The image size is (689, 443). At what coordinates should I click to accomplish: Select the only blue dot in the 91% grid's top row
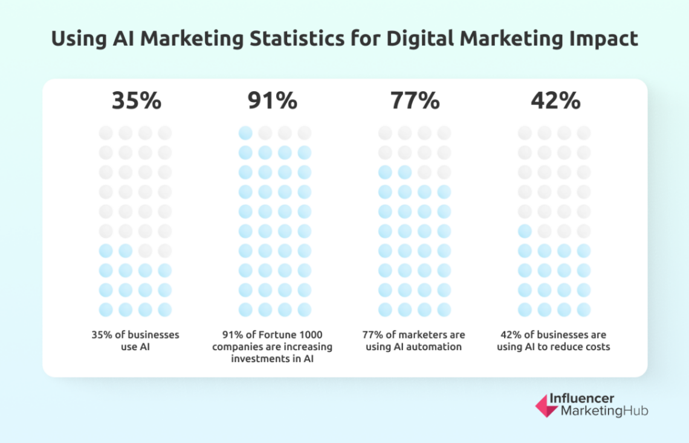point(245,133)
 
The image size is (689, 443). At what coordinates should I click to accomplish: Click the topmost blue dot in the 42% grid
point(525,231)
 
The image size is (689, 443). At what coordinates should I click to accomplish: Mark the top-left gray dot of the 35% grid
point(105,133)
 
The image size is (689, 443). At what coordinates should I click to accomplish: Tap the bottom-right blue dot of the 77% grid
point(444,310)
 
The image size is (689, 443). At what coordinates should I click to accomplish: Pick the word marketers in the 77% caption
point(414,335)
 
